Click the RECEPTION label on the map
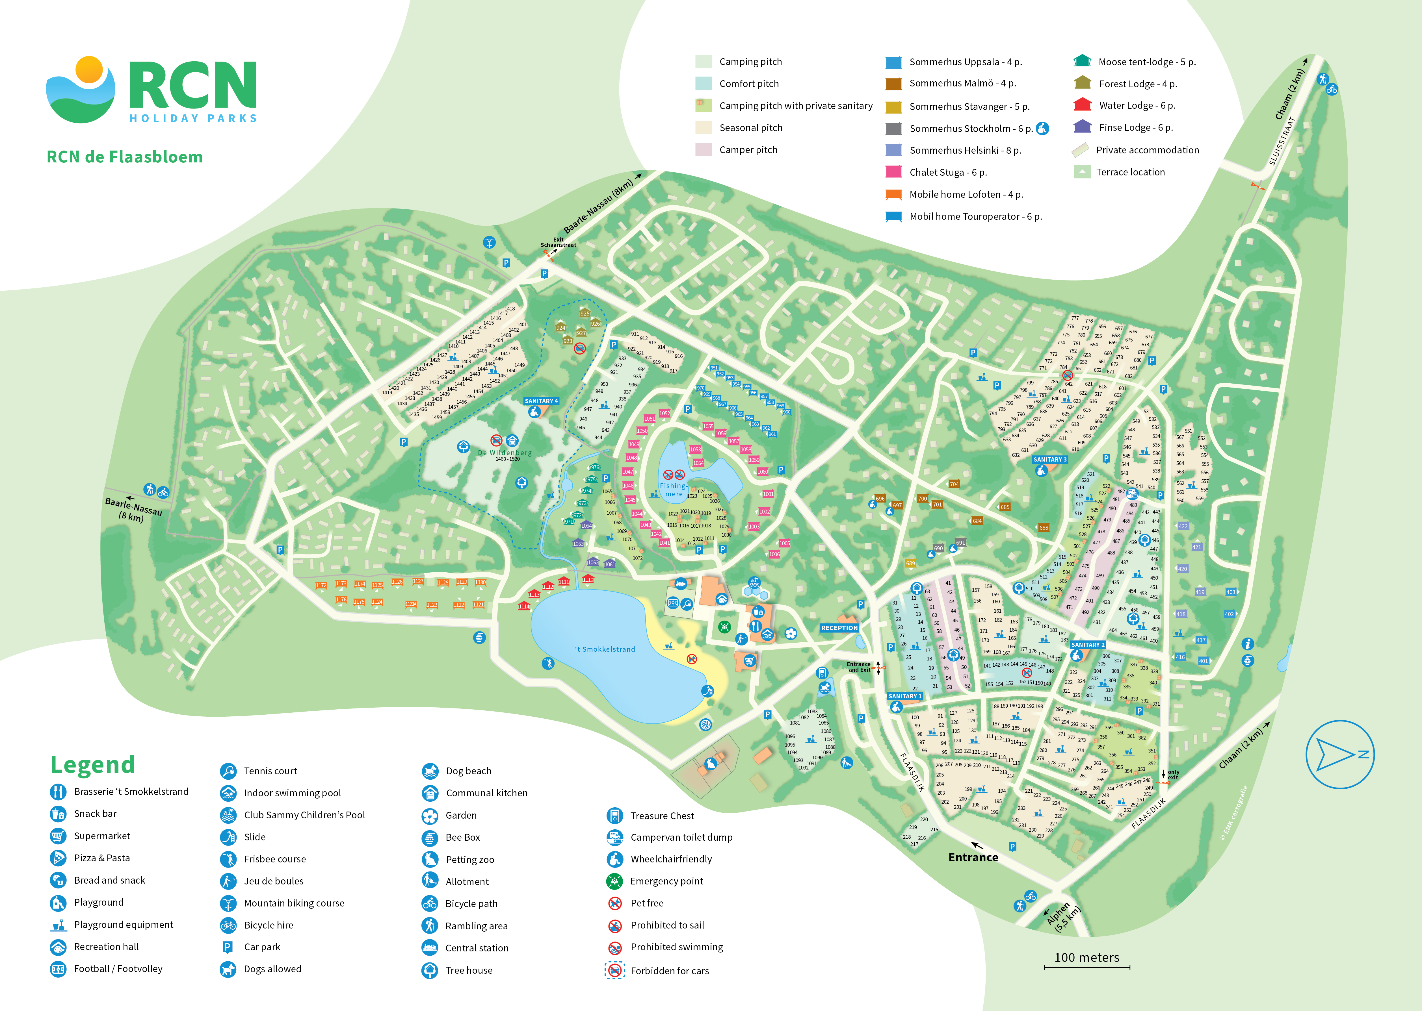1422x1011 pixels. [839, 628]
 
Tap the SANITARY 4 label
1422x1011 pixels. [541, 401]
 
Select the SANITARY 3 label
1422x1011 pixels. [1049, 459]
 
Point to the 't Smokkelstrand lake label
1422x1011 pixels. [605, 649]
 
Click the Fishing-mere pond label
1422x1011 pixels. [673, 490]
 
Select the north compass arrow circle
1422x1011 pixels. [1339, 755]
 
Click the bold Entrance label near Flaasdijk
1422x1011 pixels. [973, 857]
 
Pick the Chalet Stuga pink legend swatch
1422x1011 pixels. [894, 172]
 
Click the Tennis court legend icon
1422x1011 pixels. [228, 771]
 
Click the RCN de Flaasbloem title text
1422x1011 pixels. [125, 157]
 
